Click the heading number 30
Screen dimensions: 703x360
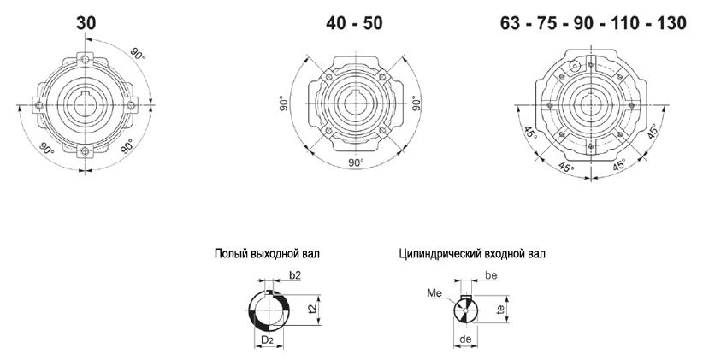coord(86,23)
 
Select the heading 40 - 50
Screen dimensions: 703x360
coord(354,23)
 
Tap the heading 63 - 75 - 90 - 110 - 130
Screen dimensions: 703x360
coord(594,23)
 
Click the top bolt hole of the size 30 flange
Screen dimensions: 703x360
coord(86,59)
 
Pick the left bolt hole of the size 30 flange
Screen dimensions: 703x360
coord(39,105)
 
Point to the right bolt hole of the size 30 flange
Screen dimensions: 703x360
coord(131,105)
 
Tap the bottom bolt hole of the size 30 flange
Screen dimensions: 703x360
coord(86,151)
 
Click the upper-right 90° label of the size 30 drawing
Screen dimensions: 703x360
coord(138,53)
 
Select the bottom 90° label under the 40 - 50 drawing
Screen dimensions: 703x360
coord(357,162)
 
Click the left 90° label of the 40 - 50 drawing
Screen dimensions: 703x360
coord(283,103)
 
